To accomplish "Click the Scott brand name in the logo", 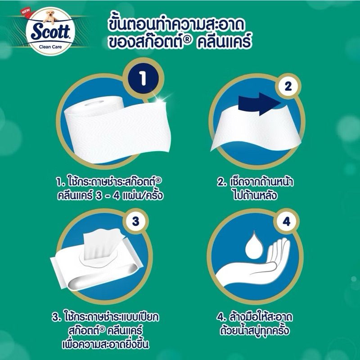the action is [x=50, y=32].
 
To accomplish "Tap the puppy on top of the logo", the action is [x=50, y=17].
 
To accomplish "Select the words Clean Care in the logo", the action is [x=50, y=47].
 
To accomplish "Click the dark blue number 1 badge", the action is [x=143, y=78].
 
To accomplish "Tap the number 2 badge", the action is [x=288, y=86].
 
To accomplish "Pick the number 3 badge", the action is [x=135, y=221].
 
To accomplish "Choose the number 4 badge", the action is [x=286, y=222].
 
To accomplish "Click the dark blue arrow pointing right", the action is [x=259, y=104].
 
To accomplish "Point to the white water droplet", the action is [x=254, y=246].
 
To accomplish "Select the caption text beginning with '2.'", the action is [x=255, y=189].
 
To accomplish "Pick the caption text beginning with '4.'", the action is [x=254, y=324].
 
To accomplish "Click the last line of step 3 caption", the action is [x=106, y=344].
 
